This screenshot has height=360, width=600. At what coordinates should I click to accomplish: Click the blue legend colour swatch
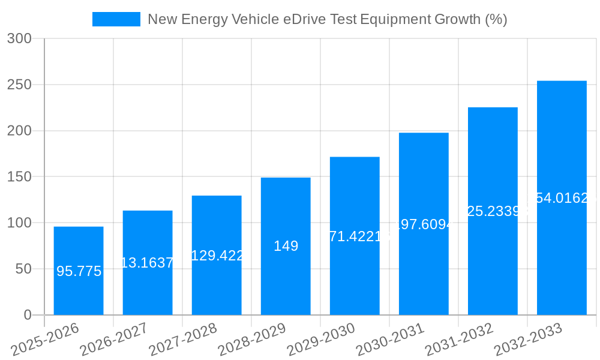coord(116,19)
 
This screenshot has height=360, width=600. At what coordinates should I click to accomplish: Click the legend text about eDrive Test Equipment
coord(327,19)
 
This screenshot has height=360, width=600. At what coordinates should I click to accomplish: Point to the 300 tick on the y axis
coord(24,39)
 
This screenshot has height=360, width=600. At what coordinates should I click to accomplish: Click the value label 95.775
coord(79,271)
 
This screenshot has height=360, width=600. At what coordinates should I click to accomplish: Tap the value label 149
coord(286,246)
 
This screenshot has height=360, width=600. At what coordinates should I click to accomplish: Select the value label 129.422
coord(217,256)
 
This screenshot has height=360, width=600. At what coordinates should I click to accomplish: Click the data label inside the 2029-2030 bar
coord(355,236)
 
